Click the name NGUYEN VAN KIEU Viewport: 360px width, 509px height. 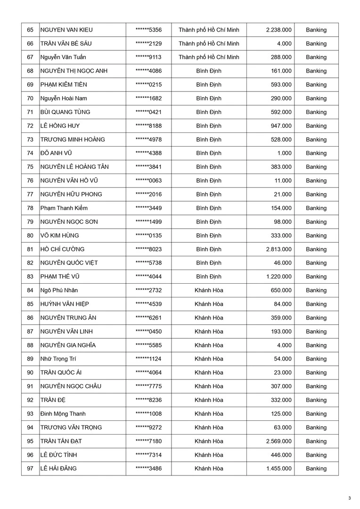[66, 30]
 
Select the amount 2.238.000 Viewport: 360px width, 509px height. [278, 30]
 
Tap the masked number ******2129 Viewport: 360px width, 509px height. [148, 43]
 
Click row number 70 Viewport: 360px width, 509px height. [30, 99]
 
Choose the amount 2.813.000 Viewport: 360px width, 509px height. [278, 249]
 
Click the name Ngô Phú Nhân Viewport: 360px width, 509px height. [59, 290]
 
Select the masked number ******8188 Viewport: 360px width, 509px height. [148, 126]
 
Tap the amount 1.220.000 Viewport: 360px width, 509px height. [278, 277]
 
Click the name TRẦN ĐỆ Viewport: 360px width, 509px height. [52, 400]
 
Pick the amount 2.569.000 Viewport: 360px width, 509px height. [278, 441]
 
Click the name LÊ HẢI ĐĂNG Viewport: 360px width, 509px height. [59, 468]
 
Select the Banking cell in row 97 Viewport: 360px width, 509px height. [316, 468]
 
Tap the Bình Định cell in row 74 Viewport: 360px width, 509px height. [209, 153]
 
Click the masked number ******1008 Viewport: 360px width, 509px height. [148, 414]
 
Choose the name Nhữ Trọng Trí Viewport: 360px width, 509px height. [58, 359]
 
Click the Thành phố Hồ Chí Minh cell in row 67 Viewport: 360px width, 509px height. [209, 57]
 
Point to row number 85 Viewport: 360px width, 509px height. [30, 304]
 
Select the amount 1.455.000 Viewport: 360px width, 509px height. [278, 468]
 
